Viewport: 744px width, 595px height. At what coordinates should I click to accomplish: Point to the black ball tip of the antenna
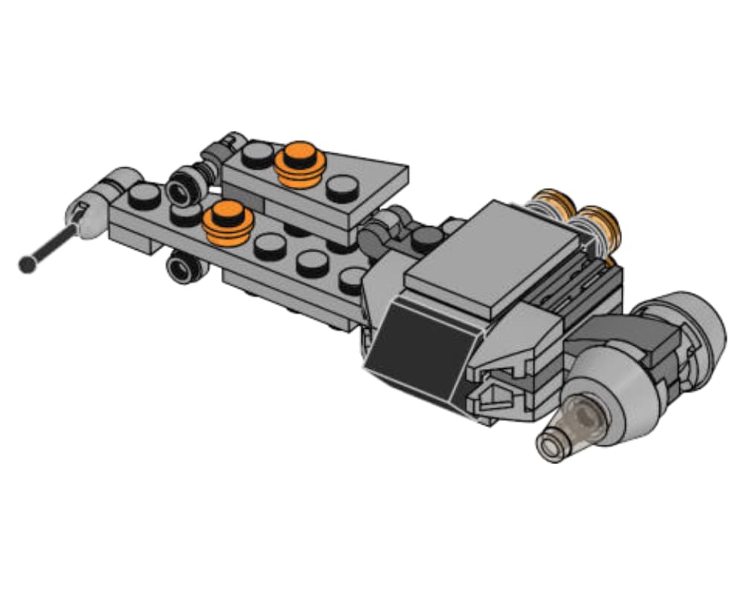pyautogui.click(x=28, y=263)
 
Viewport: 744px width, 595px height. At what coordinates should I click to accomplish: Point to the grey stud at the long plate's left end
pyautogui.click(x=141, y=195)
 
